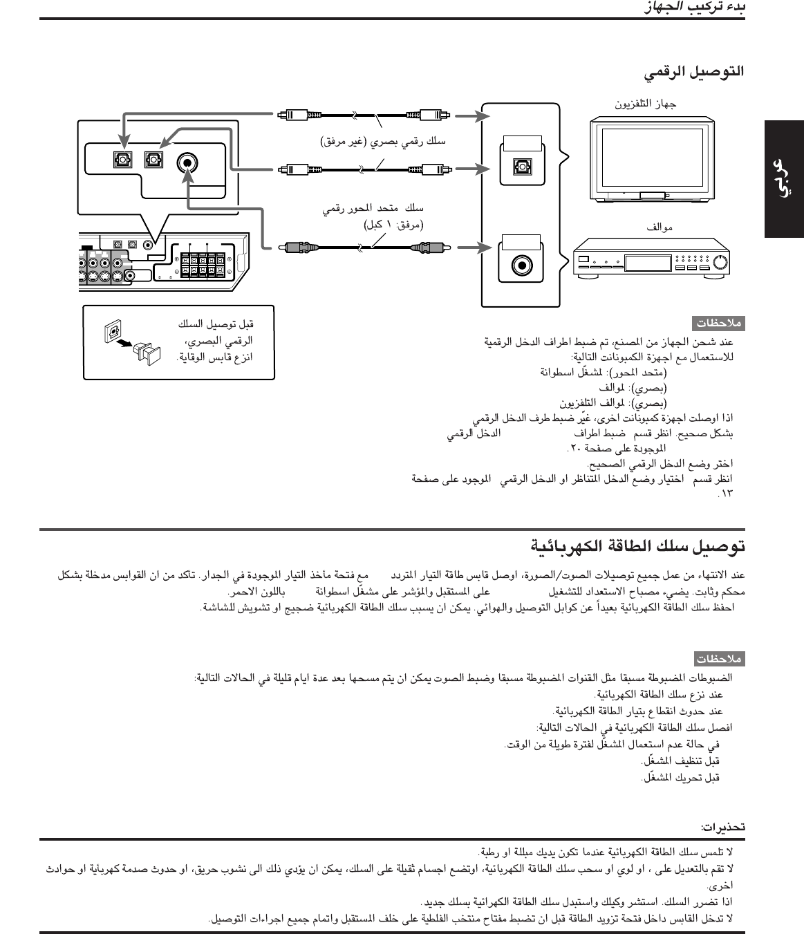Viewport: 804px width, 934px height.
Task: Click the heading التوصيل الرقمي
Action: coord(694,72)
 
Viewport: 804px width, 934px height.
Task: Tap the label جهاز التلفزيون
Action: coord(645,104)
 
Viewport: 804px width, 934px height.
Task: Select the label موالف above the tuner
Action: coord(660,226)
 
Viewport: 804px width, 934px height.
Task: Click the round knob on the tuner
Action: coord(720,263)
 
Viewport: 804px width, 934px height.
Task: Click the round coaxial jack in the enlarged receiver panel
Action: coord(187,163)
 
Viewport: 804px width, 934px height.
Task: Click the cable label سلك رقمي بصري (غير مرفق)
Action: coord(383,142)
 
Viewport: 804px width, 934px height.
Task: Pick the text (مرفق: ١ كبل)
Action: coord(393,224)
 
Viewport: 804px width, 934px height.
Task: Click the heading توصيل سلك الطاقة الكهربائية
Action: coord(638,546)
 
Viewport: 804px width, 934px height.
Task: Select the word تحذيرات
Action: coord(723,827)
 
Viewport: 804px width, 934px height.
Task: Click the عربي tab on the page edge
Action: coord(783,180)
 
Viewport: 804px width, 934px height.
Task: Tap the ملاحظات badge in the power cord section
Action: coord(720,658)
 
